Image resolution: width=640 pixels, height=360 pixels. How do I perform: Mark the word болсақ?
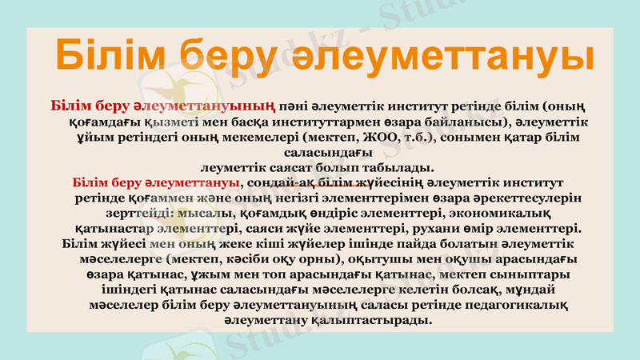(x=462, y=290)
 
